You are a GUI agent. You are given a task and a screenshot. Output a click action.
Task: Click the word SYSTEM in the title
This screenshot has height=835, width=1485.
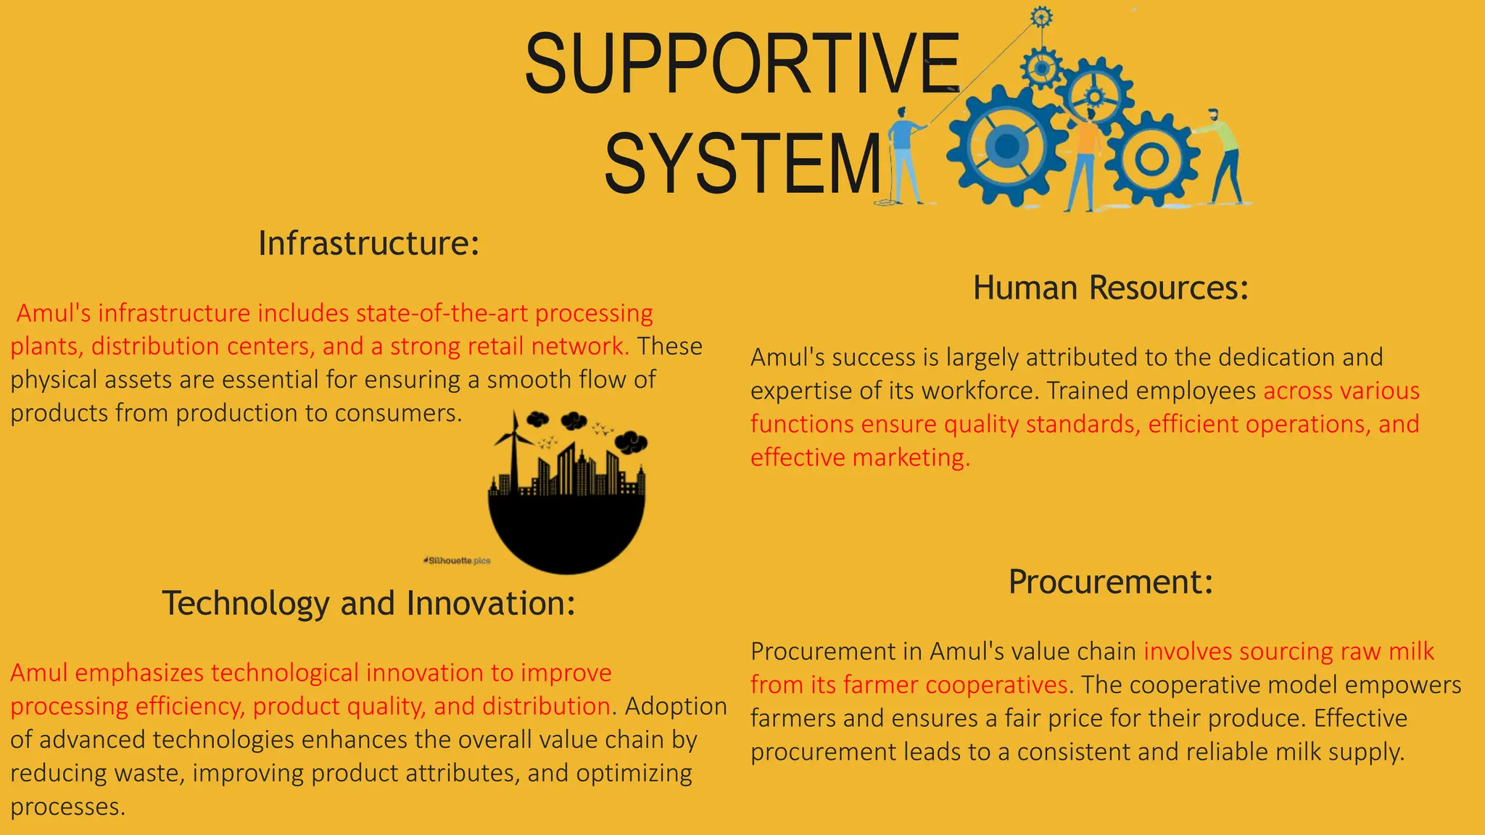[x=742, y=164]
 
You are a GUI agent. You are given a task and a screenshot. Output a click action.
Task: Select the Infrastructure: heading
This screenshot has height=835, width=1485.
[x=368, y=244]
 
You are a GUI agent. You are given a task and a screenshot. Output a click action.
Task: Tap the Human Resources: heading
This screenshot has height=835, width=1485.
[x=1110, y=288]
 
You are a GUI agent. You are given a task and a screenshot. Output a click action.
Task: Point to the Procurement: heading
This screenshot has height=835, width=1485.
[x=1110, y=582]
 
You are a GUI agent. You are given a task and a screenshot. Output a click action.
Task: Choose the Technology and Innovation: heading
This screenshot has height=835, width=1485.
[x=368, y=604]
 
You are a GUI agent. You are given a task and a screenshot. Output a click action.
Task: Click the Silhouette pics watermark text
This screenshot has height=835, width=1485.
[x=458, y=560]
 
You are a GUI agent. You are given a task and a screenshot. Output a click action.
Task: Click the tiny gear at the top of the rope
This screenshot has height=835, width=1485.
[x=1041, y=16]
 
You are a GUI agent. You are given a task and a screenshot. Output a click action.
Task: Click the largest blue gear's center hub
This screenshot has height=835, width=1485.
[x=1006, y=146]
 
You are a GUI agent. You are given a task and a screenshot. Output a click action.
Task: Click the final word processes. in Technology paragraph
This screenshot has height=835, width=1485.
[x=67, y=807]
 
